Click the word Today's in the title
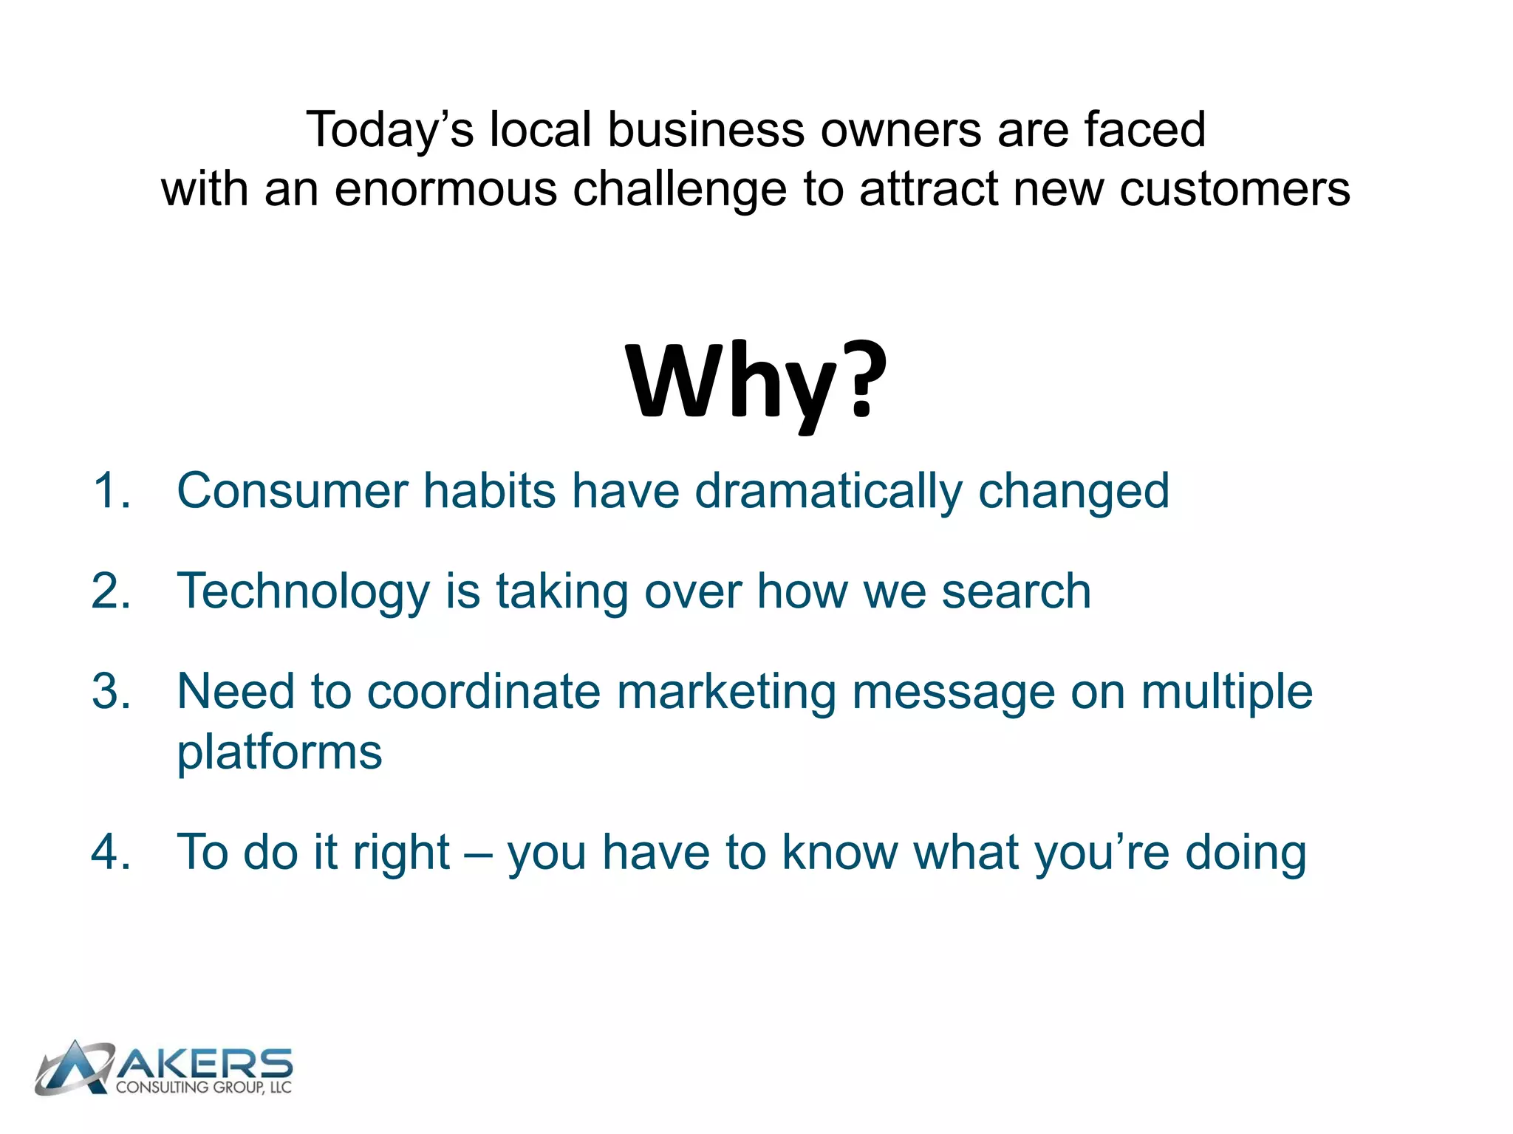coord(389,131)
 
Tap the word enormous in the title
coord(445,190)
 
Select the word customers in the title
coord(1234,190)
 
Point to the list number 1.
coord(111,491)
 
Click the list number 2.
coord(111,591)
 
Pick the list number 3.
coord(111,692)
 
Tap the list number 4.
coord(111,852)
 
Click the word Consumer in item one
coord(293,491)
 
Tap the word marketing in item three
coord(726,693)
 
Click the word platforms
coord(279,753)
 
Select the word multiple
coord(1226,693)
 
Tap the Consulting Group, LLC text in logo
coord(204,1087)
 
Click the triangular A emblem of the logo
coord(74,1068)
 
